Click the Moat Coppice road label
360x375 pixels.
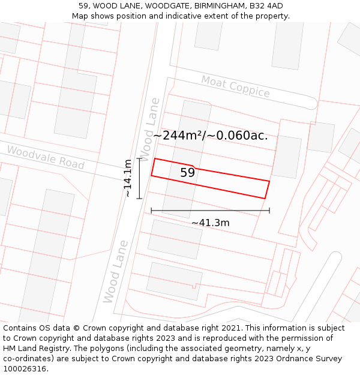tap(235, 87)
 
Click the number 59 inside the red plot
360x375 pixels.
tap(187, 173)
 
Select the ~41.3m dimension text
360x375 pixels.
tap(210, 223)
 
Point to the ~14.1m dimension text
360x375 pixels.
tap(127, 178)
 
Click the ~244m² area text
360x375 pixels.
tap(178, 136)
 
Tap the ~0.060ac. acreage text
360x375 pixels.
tap(238, 136)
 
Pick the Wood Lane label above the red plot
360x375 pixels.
tap(149, 129)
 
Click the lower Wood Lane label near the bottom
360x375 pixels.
tap(115, 272)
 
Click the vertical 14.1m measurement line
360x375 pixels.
tap(139, 178)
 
